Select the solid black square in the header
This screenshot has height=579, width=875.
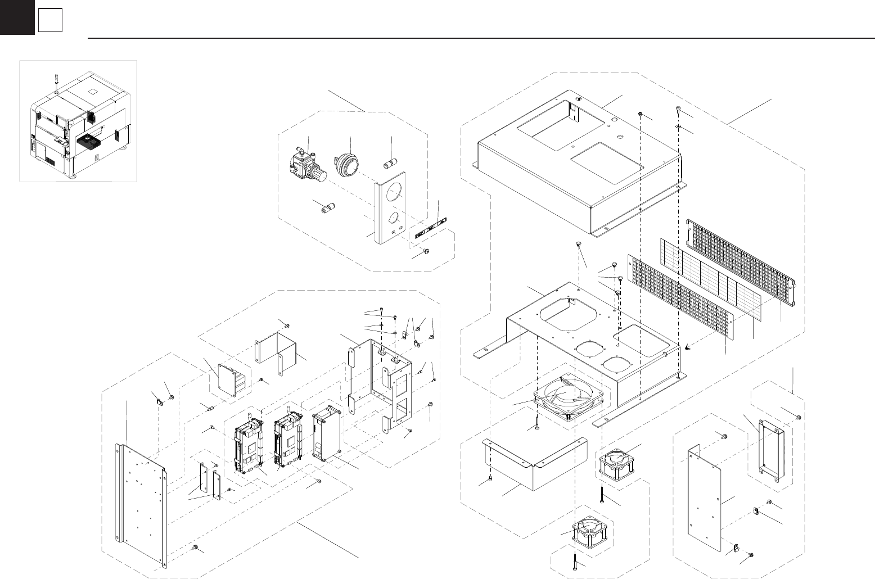pyautogui.click(x=17, y=17)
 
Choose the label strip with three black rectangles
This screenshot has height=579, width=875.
pyautogui.click(x=432, y=229)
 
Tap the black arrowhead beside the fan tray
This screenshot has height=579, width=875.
pyautogui.click(x=688, y=349)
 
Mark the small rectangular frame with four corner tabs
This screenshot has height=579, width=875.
pyautogui.click(x=773, y=447)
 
